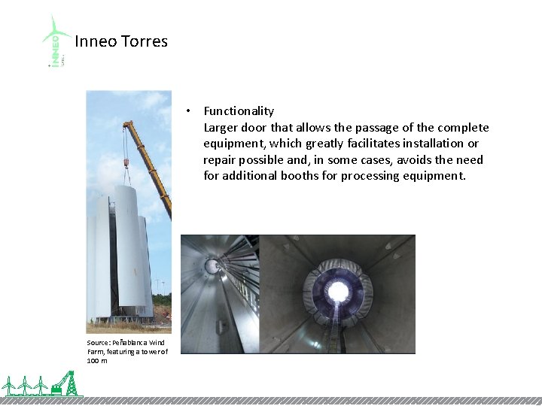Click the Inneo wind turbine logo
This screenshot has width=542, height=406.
click(x=56, y=41)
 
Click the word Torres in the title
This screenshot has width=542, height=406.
click(x=143, y=41)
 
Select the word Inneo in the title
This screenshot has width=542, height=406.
click(x=96, y=41)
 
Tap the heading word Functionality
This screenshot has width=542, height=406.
click(x=239, y=111)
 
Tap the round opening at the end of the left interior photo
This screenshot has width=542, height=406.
click(x=213, y=265)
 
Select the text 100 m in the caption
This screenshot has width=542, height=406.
click(x=96, y=360)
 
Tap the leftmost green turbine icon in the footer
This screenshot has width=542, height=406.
click(x=10, y=386)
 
